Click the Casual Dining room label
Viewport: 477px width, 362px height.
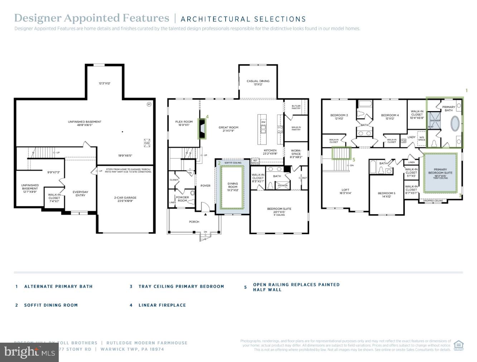[258, 82]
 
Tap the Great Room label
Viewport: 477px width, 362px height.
[228, 129]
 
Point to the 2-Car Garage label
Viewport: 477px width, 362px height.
[125, 199]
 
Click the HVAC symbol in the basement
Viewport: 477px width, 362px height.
[146, 142]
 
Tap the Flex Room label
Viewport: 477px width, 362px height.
[184, 123]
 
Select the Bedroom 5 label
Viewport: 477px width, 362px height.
[386, 195]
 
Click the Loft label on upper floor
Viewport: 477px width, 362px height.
[345, 191]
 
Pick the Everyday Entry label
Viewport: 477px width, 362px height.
[80, 194]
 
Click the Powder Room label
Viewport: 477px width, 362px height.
[182, 199]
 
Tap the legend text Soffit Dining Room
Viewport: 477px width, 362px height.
[51, 305]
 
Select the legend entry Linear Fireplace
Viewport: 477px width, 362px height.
[162, 305]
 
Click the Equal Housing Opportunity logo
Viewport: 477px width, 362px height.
[458, 346]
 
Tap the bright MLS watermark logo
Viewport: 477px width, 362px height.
[29, 352]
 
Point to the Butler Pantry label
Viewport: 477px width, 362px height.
[296, 107]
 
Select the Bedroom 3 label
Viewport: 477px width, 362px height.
[339, 117]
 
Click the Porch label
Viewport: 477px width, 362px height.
[194, 222]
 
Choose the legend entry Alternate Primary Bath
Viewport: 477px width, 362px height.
[58, 287]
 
